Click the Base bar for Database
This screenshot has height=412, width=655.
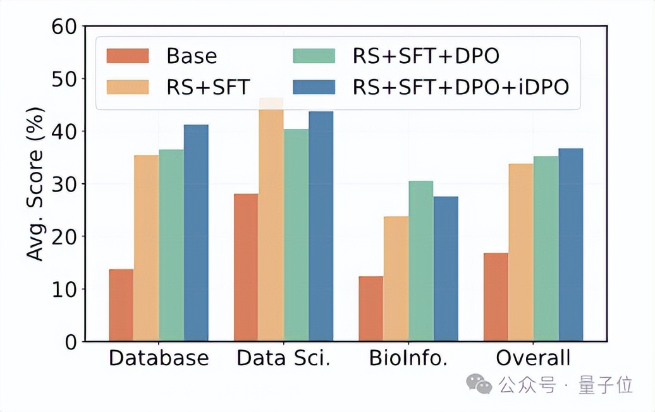(x=121, y=305)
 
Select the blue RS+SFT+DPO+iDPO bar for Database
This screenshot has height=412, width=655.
(x=195, y=233)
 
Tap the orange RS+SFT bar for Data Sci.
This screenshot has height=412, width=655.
(x=271, y=221)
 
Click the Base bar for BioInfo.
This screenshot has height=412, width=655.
(x=370, y=309)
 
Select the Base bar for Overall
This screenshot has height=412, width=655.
(x=496, y=297)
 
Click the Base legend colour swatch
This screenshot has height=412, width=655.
(x=128, y=56)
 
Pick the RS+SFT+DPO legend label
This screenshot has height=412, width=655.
(x=425, y=56)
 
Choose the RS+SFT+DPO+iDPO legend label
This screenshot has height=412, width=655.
(x=460, y=87)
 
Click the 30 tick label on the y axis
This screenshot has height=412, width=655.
(x=63, y=184)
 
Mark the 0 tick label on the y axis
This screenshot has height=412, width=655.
(x=70, y=342)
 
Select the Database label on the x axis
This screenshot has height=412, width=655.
(x=158, y=358)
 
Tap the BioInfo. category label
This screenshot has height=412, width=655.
(x=408, y=358)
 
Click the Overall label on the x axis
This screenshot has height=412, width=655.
(x=533, y=358)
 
